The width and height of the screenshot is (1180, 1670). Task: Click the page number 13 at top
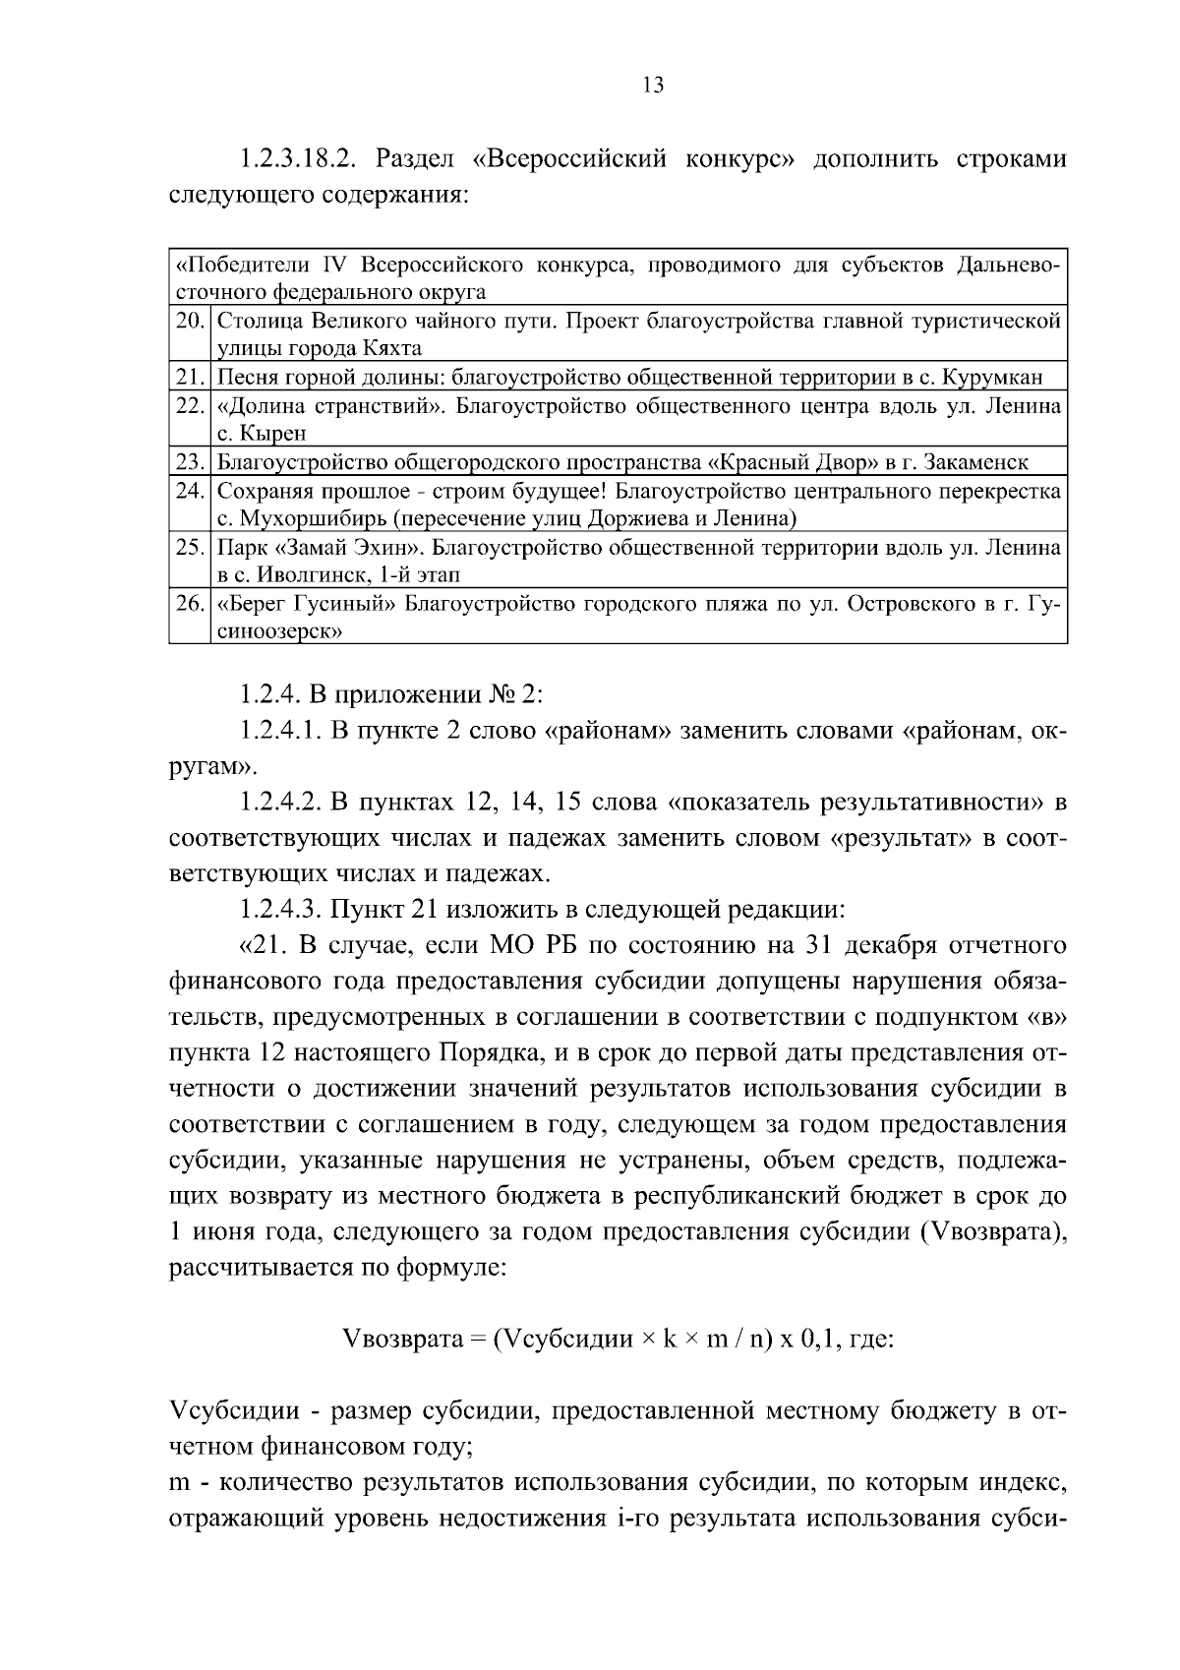[x=653, y=86]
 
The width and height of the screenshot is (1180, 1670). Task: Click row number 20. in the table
[x=189, y=321]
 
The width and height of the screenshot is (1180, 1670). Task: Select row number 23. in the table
[x=189, y=461]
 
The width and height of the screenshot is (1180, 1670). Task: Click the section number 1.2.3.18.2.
[x=303, y=159]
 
